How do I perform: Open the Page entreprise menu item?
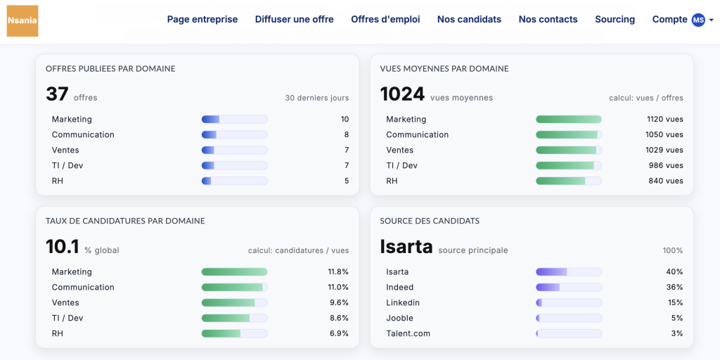coord(202,20)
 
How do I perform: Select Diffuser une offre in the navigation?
coord(294,20)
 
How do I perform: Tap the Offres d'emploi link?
coord(385,20)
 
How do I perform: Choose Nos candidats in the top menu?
coord(469,20)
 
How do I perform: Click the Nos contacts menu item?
coord(548,20)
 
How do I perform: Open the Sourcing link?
coord(615,20)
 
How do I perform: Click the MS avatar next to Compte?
coord(698,20)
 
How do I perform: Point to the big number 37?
coord(57,94)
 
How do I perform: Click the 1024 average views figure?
coord(402,94)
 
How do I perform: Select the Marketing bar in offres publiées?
coord(234,120)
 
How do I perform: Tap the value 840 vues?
coord(665,181)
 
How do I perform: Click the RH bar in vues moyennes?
coord(568,181)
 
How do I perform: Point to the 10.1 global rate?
coord(62,247)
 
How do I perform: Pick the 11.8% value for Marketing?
coord(338,272)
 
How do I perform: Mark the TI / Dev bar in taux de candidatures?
coord(234,319)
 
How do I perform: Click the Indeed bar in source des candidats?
coord(568,288)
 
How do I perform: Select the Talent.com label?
coord(408,334)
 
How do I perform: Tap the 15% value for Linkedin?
coord(674,303)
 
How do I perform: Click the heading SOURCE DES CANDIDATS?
coord(430,221)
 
